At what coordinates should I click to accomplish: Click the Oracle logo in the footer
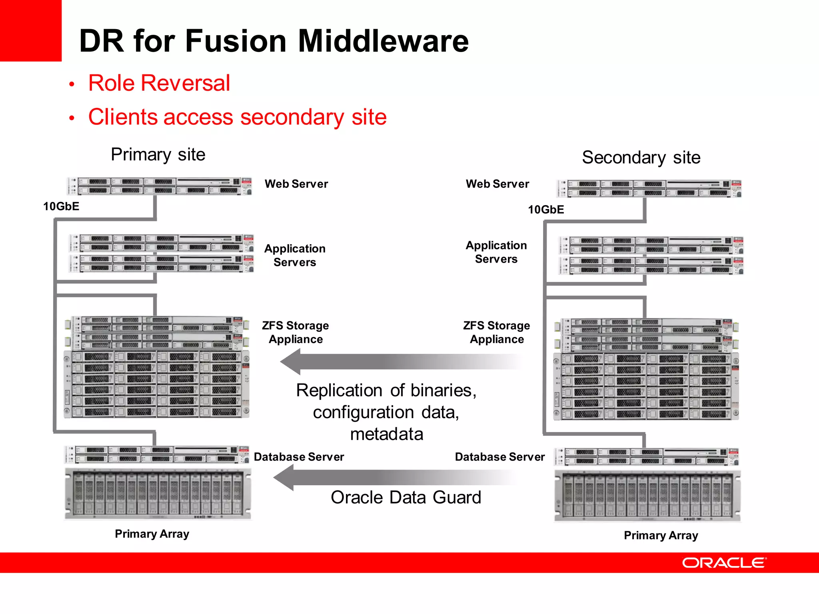[724, 562]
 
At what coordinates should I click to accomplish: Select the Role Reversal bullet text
[159, 83]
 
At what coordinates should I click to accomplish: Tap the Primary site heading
[158, 154]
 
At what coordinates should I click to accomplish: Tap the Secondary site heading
[641, 157]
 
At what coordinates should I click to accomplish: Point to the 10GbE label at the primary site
[61, 206]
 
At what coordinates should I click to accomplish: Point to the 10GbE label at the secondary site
[546, 209]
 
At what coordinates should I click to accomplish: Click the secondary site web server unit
[649, 189]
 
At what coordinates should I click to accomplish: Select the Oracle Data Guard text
[406, 497]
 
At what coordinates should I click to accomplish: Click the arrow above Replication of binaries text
[400, 361]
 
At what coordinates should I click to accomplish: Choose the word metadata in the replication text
[386, 434]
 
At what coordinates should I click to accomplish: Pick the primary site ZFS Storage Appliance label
[295, 332]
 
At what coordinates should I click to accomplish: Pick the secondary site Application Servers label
[496, 252]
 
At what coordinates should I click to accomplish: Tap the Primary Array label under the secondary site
[661, 535]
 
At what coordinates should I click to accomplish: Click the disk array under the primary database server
[158, 494]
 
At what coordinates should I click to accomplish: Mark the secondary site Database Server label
[499, 457]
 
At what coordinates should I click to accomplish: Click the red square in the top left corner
[30, 30]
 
